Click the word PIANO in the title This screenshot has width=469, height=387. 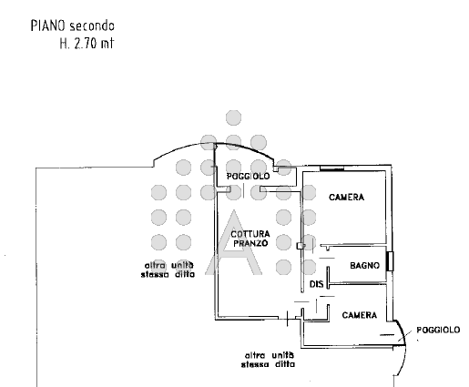[x=48, y=25]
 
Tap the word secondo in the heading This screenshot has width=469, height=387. [x=92, y=26]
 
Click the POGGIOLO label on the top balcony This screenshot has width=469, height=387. [x=248, y=176]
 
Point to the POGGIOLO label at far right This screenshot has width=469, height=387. [x=438, y=330]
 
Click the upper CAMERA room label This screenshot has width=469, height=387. [x=346, y=198]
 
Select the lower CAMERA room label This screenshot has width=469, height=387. [x=360, y=315]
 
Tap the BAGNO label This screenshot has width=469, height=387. [x=364, y=266]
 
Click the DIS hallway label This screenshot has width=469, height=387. [x=317, y=284]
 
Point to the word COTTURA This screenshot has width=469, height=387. [x=250, y=234]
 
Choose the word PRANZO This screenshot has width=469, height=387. [x=250, y=243]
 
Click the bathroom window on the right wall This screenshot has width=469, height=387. [x=390, y=261]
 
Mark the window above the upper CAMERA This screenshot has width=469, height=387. [x=332, y=168]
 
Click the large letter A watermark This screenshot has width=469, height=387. [x=233, y=242]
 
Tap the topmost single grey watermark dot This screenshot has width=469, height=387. [x=234, y=117]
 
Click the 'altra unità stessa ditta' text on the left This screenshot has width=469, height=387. [x=168, y=270]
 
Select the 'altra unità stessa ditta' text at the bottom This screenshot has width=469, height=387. [x=269, y=360]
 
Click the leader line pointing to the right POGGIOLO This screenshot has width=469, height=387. [x=405, y=335]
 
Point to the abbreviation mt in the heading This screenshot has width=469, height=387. [x=107, y=44]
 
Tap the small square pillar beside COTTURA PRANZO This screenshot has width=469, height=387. [x=301, y=245]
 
